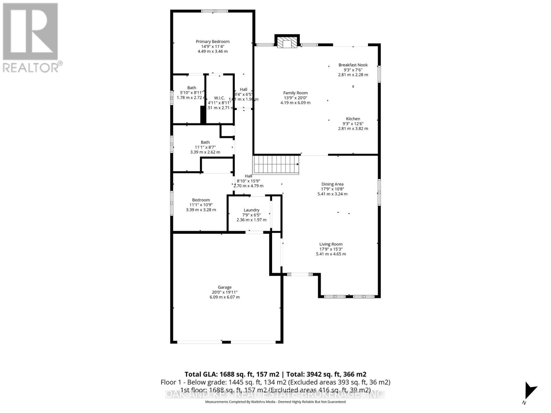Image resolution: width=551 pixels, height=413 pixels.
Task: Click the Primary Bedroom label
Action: [x=212, y=42]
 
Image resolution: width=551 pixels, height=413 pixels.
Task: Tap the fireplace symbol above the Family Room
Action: [x=287, y=42]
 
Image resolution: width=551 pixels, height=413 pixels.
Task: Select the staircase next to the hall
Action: [x=276, y=165]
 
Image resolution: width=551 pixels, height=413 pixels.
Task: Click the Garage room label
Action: [x=225, y=287]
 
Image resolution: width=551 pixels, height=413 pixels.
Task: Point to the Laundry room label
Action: [x=251, y=210]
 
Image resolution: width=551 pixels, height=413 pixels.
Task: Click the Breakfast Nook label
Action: [x=353, y=65]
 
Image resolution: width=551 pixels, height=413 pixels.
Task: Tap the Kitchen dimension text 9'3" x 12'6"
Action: [x=353, y=124]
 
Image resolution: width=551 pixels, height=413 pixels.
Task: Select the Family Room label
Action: [x=295, y=93]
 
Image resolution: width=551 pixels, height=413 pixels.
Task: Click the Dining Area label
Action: [x=332, y=184]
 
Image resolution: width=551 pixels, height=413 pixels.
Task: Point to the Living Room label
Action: [x=331, y=244]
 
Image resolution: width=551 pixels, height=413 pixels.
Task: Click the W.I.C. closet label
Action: [x=219, y=98]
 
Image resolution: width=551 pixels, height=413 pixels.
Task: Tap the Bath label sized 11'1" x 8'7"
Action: [x=205, y=142]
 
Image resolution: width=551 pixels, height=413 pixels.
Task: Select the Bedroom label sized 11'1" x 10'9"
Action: [x=201, y=200]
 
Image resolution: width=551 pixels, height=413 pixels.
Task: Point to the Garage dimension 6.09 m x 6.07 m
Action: [x=225, y=297]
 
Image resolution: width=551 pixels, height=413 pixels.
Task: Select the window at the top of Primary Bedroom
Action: [x=215, y=11]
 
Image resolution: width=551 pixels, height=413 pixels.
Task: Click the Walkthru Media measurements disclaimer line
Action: [x=275, y=402]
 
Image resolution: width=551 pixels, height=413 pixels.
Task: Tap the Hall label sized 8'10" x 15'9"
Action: [x=248, y=176]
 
